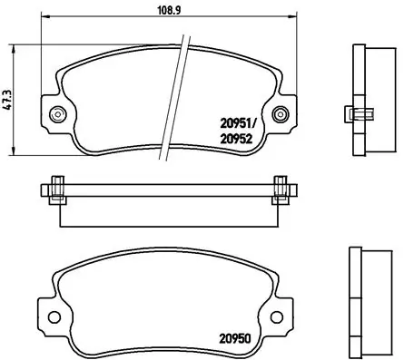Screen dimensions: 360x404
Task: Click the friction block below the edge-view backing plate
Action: click(x=169, y=212)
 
